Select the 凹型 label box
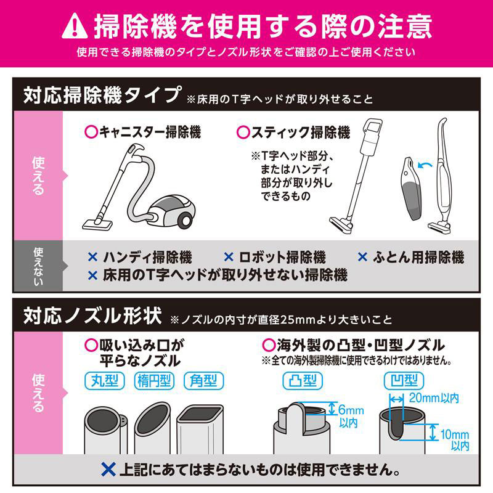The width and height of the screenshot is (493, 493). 401,380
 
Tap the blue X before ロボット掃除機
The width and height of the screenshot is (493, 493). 228,257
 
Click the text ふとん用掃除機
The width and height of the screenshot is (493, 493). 418,257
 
